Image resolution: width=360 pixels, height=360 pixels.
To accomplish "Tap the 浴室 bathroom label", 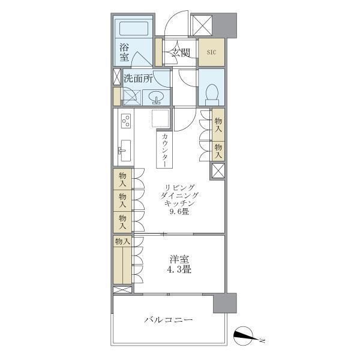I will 124,52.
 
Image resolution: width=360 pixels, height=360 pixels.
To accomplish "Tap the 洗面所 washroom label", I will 139,79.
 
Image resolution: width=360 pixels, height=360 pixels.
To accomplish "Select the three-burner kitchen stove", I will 126,121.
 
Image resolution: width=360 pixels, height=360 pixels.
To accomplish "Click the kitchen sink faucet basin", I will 125,149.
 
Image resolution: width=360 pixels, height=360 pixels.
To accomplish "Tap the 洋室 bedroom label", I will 179,259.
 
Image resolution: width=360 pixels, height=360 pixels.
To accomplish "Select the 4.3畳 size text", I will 179,269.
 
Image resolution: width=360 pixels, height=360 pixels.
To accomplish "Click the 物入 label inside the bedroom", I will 122,241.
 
